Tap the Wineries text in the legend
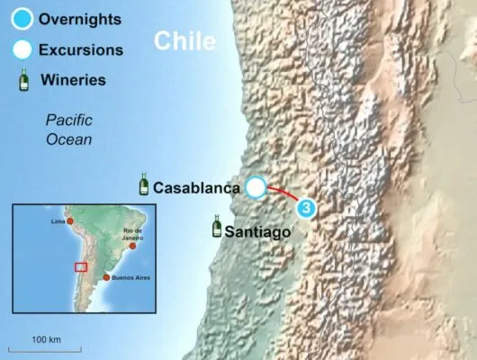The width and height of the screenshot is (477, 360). tap(78, 80)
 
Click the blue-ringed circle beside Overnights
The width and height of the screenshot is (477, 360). tap(21, 18)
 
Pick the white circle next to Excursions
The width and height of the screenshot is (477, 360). tap(21, 49)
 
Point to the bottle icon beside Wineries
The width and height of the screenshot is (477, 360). tap(21, 80)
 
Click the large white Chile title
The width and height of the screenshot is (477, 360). tap(185, 40)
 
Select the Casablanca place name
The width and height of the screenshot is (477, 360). tap(196, 188)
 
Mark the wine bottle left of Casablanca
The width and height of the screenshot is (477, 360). tap(143, 185)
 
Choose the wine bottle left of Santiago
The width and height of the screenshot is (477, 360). tap(216, 226)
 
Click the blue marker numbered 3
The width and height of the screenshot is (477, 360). tap(306, 208)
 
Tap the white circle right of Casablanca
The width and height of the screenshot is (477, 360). tap(256, 187)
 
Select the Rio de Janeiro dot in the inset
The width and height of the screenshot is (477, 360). tap(132, 245)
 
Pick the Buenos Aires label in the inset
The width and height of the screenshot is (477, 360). tap(130, 279)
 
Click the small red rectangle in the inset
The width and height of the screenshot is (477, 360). tap(81, 265)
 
